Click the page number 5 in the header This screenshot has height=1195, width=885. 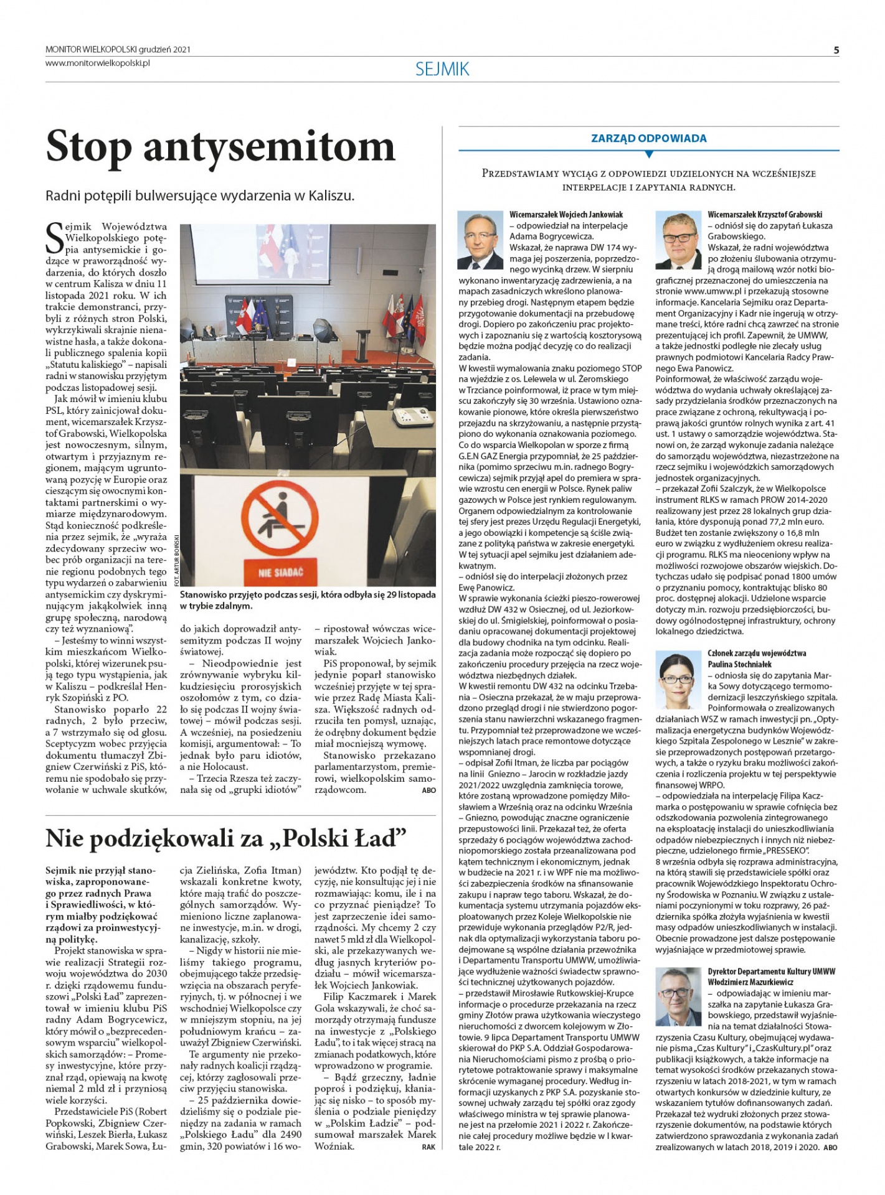click(836, 50)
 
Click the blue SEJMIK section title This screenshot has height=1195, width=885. click(442, 69)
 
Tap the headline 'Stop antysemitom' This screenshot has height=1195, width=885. click(220, 147)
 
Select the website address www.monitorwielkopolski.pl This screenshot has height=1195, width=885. click(98, 63)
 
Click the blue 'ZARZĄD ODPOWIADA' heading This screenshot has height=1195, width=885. click(648, 138)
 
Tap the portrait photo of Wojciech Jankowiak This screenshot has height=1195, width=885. click(480, 240)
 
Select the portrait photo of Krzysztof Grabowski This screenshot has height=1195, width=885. click(678, 240)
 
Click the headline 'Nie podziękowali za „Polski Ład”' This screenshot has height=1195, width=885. click(226, 838)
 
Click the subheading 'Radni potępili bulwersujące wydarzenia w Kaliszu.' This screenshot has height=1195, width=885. click(200, 195)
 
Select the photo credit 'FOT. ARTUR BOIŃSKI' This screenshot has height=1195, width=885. click(177, 560)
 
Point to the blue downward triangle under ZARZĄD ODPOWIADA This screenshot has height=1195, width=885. click(648, 154)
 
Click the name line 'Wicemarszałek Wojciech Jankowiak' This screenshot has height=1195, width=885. click(566, 215)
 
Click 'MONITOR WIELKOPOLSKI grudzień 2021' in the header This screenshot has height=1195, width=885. click(118, 49)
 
